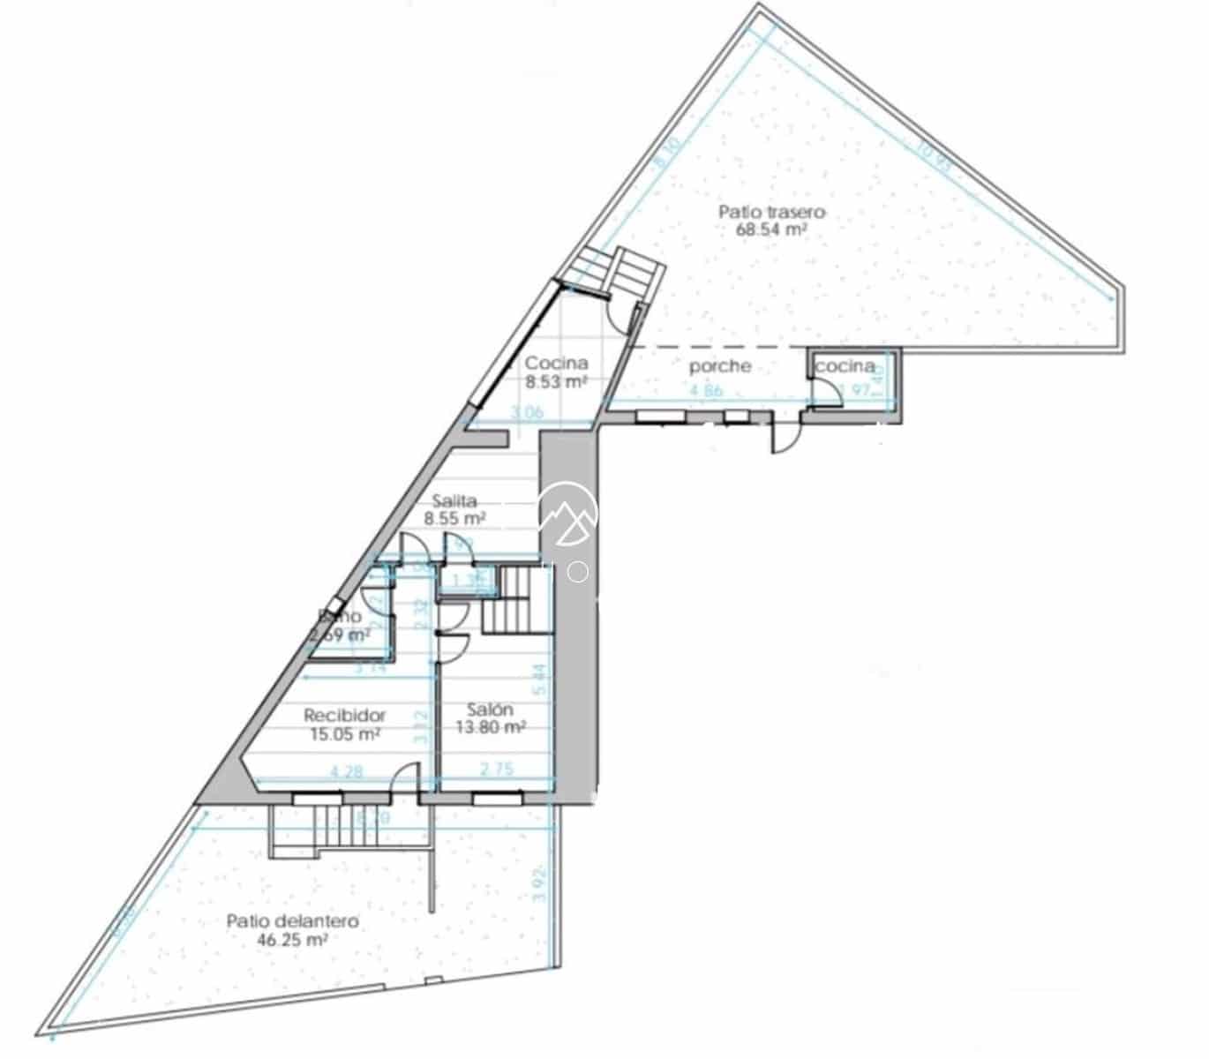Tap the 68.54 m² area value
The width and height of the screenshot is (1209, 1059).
(x=772, y=229)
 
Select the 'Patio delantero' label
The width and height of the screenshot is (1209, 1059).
(x=292, y=921)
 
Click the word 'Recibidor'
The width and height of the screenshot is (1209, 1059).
(x=345, y=715)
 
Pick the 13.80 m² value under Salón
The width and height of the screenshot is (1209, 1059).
(x=491, y=727)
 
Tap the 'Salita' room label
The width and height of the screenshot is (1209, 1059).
(x=454, y=501)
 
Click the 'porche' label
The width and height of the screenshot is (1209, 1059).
(x=720, y=365)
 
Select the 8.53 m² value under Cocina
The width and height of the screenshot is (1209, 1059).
(x=557, y=382)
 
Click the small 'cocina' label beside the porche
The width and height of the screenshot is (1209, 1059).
(x=845, y=365)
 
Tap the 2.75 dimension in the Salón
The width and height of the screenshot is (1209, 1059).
(x=496, y=770)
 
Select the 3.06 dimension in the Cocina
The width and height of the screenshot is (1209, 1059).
(x=528, y=411)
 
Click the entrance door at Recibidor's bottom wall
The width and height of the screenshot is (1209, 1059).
(x=405, y=780)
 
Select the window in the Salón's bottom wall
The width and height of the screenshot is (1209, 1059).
(x=496, y=799)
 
